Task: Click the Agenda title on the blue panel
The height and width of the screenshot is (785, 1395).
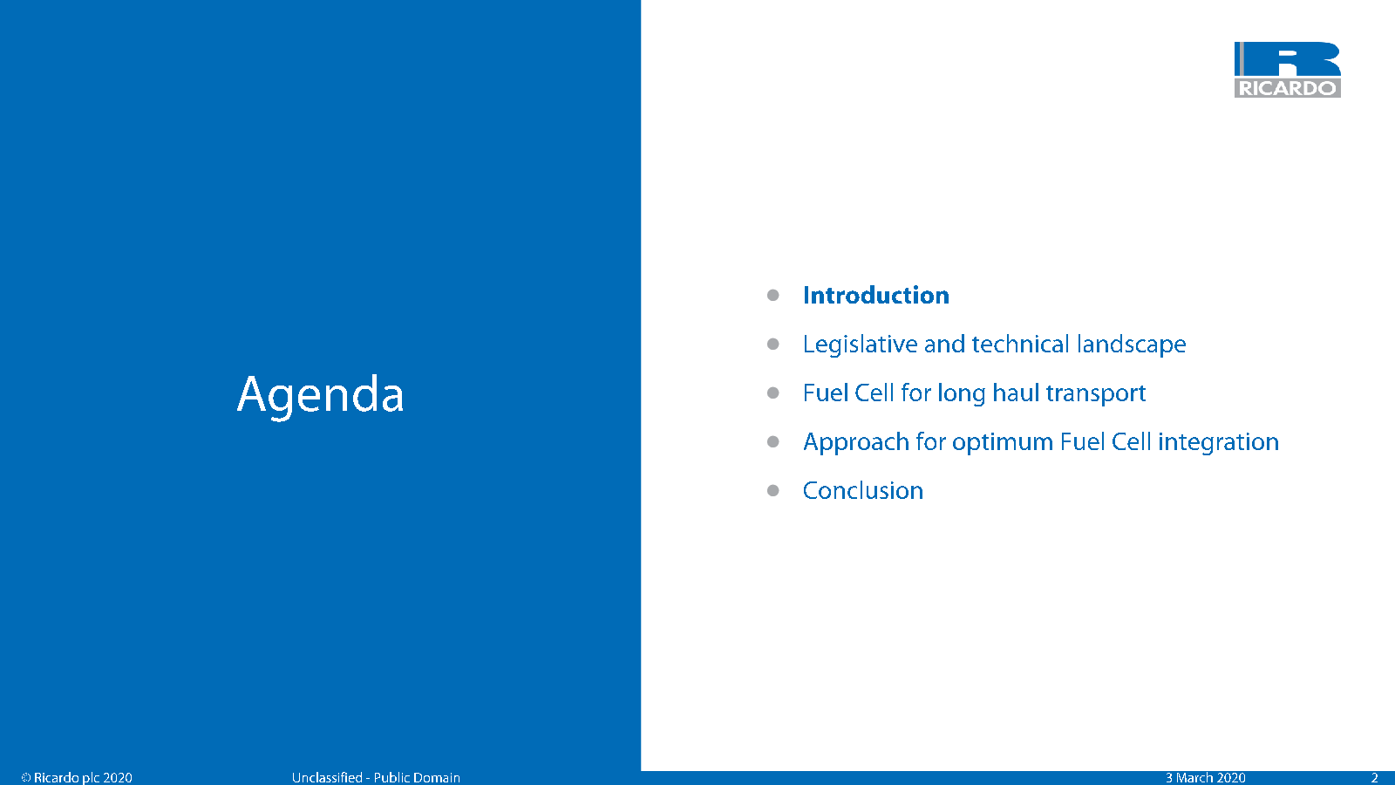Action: point(320,395)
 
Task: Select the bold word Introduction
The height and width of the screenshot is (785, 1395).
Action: point(875,296)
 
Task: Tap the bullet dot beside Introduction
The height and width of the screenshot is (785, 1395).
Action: point(772,296)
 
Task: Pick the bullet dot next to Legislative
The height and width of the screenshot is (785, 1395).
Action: point(772,344)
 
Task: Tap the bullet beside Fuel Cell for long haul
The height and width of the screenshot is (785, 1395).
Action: point(772,393)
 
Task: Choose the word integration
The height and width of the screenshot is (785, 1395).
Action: point(1218,441)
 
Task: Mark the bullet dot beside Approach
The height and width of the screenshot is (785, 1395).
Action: point(772,441)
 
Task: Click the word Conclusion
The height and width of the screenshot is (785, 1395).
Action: point(862,491)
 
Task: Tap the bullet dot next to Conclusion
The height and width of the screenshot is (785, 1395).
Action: point(772,491)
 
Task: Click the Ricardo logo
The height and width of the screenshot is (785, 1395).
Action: point(1287,70)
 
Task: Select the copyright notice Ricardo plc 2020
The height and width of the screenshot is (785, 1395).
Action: point(77,777)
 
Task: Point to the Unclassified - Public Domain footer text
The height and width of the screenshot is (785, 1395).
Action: point(376,777)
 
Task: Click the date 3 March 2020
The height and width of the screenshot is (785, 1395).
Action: point(1205,777)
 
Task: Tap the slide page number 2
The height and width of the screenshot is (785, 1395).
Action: point(1374,777)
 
